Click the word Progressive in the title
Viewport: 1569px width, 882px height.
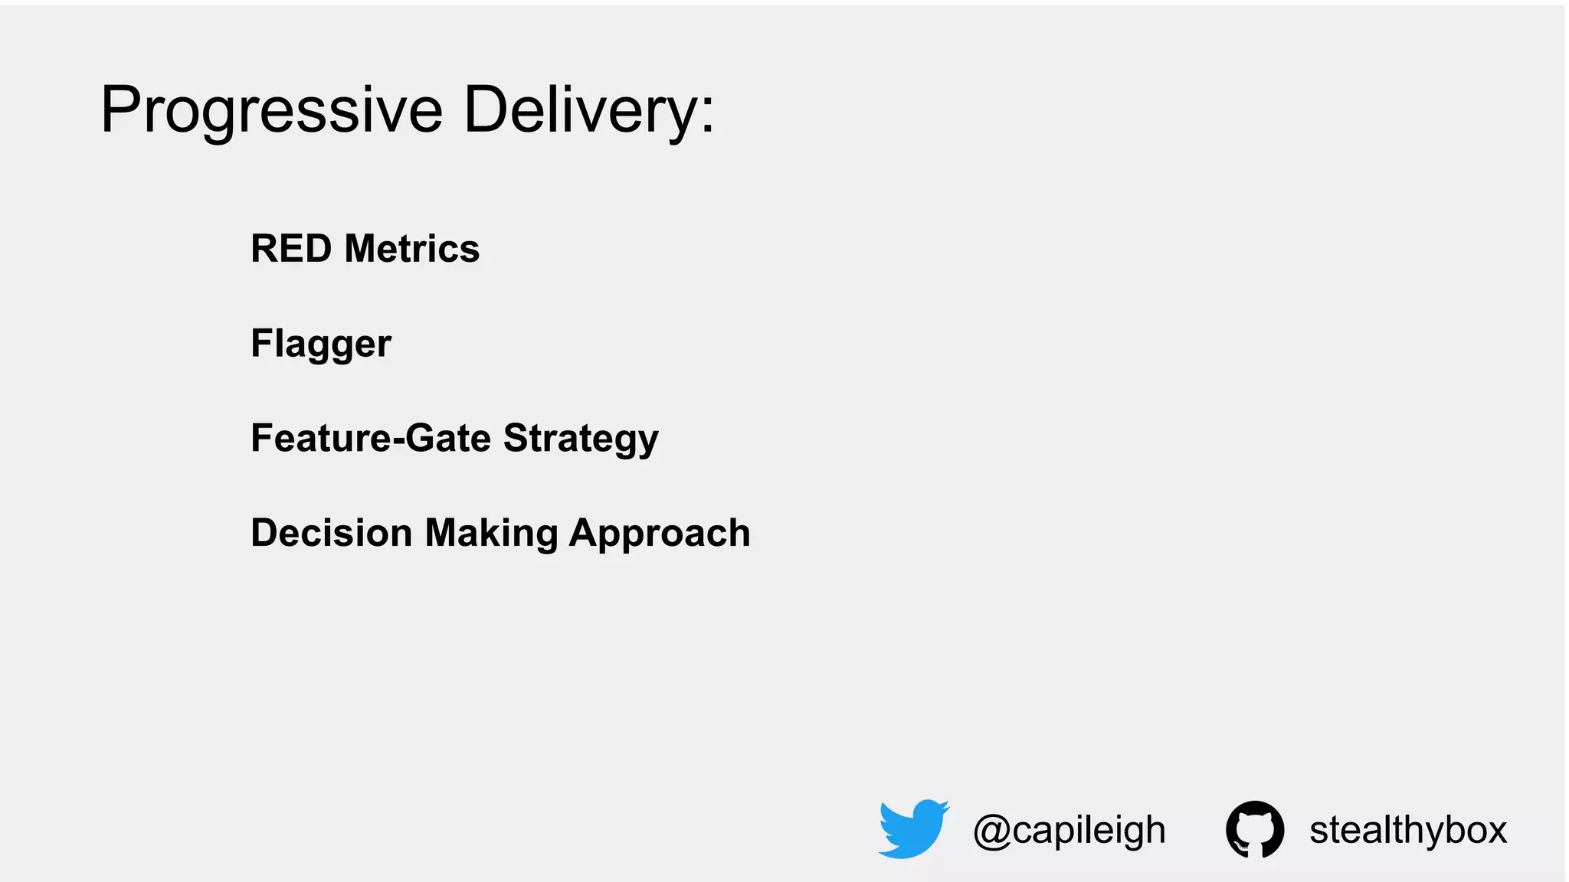click(272, 111)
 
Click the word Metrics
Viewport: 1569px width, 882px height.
click(412, 249)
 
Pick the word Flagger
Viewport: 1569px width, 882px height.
click(321, 344)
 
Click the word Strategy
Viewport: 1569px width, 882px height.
click(581, 439)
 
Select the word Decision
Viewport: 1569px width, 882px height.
click(332, 533)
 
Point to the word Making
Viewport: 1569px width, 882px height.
click(491, 533)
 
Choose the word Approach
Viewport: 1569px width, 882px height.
click(660, 533)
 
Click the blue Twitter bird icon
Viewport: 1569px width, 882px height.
click(913, 828)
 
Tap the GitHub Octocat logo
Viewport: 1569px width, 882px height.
click(1255, 829)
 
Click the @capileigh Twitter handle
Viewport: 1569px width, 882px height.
click(1069, 830)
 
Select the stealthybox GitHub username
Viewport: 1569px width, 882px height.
click(1408, 830)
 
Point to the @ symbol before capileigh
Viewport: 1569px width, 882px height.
click(991, 831)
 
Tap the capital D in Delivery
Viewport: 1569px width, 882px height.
click(486, 110)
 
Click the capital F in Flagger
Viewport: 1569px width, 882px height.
click(262, 343)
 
